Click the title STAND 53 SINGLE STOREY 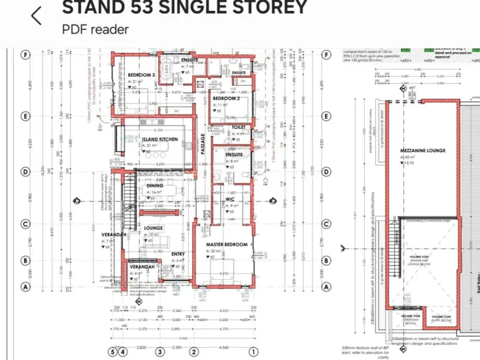click(x=184, y=8)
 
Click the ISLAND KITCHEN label click(x=160, y=139)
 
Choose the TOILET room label click(x=239, y=127)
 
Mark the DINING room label click(x=156, y=186)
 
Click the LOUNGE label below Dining click(x=152, y=228)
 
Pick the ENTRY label click(x=178, y=254)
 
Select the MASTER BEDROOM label click(x=227, y=245)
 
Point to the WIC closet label click(x=230, y=200)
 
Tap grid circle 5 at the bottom click(x=112, y=351)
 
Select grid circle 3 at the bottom click(x=160, y=351)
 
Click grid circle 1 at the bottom click(x=253, y=351)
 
